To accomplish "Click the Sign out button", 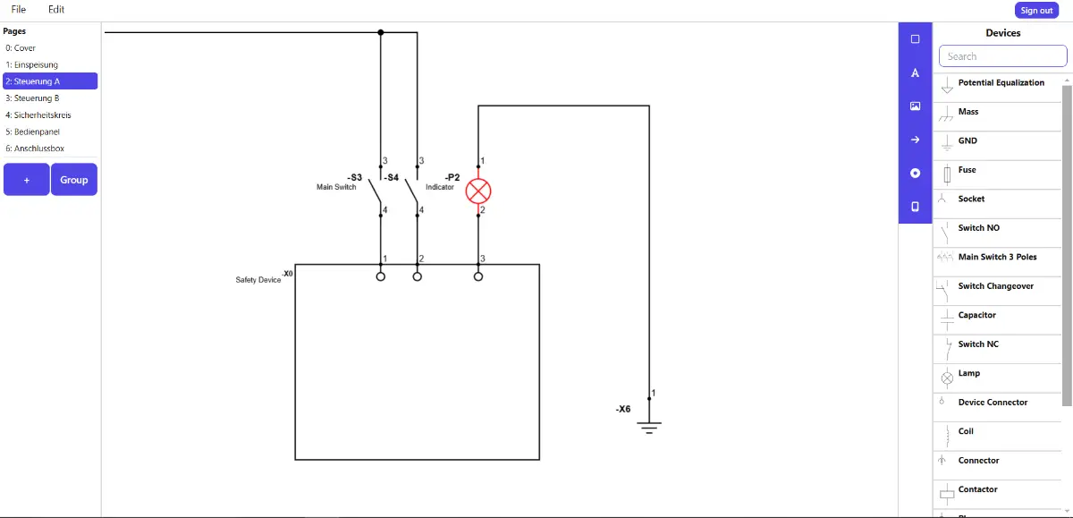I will pyautogui.click(x=1036, y=10).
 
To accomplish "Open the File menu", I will pyautogui.click(x=19, y=9).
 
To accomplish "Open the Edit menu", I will pyautogui.click(x=56, y=9).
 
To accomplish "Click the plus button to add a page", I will pyautogui.click(x=27, y=180).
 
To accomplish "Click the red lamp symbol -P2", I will pyautogui.click(x=478, y=191).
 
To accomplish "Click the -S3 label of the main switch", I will pyautogui.click(x=354, y=177).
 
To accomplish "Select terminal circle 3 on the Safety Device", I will pyautogui.click(x=478, y=276).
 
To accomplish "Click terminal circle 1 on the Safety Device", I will pyautogui.click(x=381, y=276).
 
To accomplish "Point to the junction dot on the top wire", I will pyautogui.click(x=381, y=32).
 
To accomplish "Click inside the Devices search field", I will pyautogui.click(x=1002, y=56).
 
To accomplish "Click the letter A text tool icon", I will pyautogui.click(x=915, y=73).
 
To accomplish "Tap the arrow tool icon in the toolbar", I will pyautogui.click(x=915, y=140).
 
